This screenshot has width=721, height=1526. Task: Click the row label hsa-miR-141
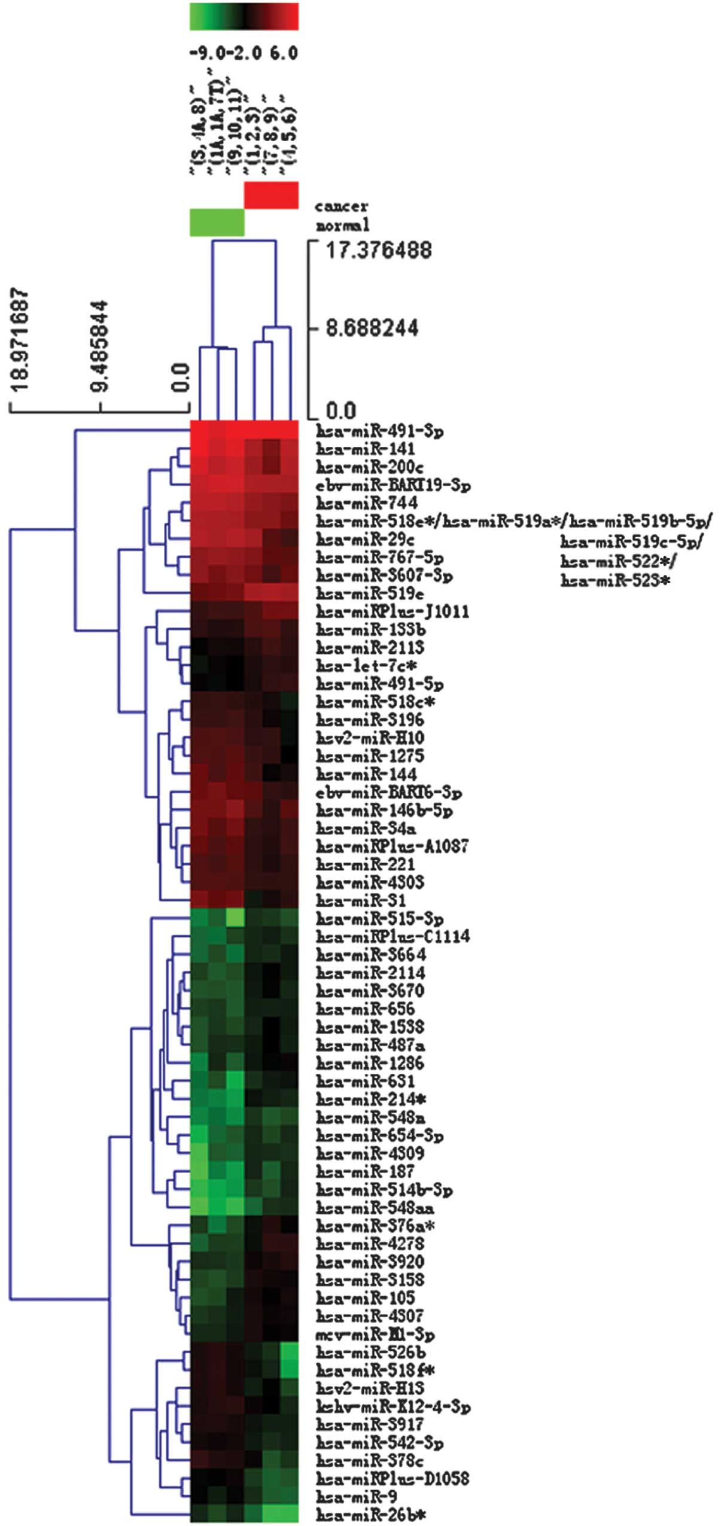click(x=365, y=449)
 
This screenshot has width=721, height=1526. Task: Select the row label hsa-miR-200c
click(x=369, y=467)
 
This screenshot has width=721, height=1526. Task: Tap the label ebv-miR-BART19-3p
click(x=393, y=485)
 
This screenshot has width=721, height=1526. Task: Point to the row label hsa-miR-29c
click(x=365, y=539)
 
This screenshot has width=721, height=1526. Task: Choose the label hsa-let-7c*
click(x=366, y=665)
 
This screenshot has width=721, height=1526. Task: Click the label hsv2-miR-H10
click(x=370, y=738)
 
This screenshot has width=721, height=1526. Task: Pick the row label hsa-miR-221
click(x=365, y=864)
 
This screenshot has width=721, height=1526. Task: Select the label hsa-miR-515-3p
click(x=379, y=918)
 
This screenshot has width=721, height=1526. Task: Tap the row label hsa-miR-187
click(x=365, y=1171)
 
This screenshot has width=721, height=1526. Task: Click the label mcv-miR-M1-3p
click(x=375, y=1334)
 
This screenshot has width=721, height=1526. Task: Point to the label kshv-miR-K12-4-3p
click(x=393, y=1406)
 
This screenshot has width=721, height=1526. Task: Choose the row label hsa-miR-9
click(x=356, y=1497)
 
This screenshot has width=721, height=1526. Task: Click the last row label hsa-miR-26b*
click(x=371, y=1515)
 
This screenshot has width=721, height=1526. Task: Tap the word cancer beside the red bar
click(x=341, y=206)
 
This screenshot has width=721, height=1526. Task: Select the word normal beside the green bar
click(x=342, y=226)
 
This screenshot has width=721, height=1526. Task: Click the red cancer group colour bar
click(x=271, y=195)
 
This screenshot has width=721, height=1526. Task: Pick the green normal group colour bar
click(x=217, y=222)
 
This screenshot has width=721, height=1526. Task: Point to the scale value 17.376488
click(x=378, y=250)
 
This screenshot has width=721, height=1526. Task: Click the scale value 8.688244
click(x=372, y=328)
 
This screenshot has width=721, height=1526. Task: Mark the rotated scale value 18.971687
click(x=20, y=339)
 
